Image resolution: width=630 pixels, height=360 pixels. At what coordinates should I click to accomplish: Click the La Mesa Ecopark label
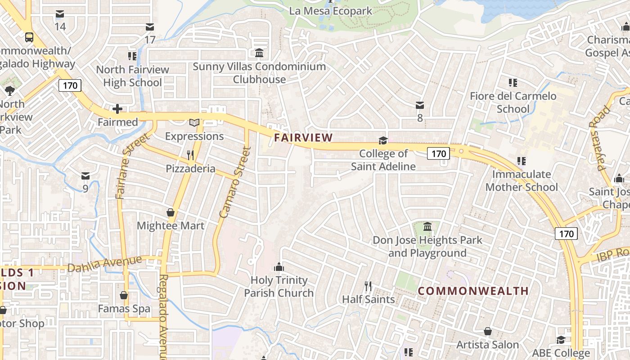click(331, 11)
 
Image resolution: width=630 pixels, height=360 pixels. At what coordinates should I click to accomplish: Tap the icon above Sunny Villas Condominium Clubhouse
click(259, 54)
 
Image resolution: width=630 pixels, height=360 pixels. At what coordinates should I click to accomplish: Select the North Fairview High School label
click(132, 76)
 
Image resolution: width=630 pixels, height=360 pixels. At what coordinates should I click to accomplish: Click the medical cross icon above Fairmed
click(117, 109)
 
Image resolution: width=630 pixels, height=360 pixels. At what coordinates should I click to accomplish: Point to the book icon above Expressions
click(194, 123)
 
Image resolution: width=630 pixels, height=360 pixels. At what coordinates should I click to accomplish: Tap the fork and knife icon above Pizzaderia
click(190, 155)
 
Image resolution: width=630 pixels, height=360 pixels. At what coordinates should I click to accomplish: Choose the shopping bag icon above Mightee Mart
click(171, 212)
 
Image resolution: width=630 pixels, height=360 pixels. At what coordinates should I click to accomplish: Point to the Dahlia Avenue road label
click(104, 264)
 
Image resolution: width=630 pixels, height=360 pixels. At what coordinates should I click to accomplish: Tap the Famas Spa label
click(124, 309)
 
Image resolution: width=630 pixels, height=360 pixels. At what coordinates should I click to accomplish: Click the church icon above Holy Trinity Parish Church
click(279, 267)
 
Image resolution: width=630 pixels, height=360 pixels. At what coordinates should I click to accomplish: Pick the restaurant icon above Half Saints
click(368, 286)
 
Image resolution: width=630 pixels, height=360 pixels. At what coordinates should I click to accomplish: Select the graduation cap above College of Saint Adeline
click(383, 141)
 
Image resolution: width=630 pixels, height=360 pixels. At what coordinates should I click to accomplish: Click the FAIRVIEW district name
click(303, 138)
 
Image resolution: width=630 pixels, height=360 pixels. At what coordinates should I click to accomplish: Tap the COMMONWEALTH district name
click(473, 291)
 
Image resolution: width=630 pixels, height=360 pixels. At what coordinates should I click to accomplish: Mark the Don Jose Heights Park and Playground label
click(427, 247)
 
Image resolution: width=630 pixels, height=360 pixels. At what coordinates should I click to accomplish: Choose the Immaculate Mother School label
click(522, 180)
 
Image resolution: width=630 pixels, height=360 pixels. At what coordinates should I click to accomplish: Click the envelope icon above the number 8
click(420, 105)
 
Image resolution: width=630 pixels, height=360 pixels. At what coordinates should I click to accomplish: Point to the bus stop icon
click(29, 37)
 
